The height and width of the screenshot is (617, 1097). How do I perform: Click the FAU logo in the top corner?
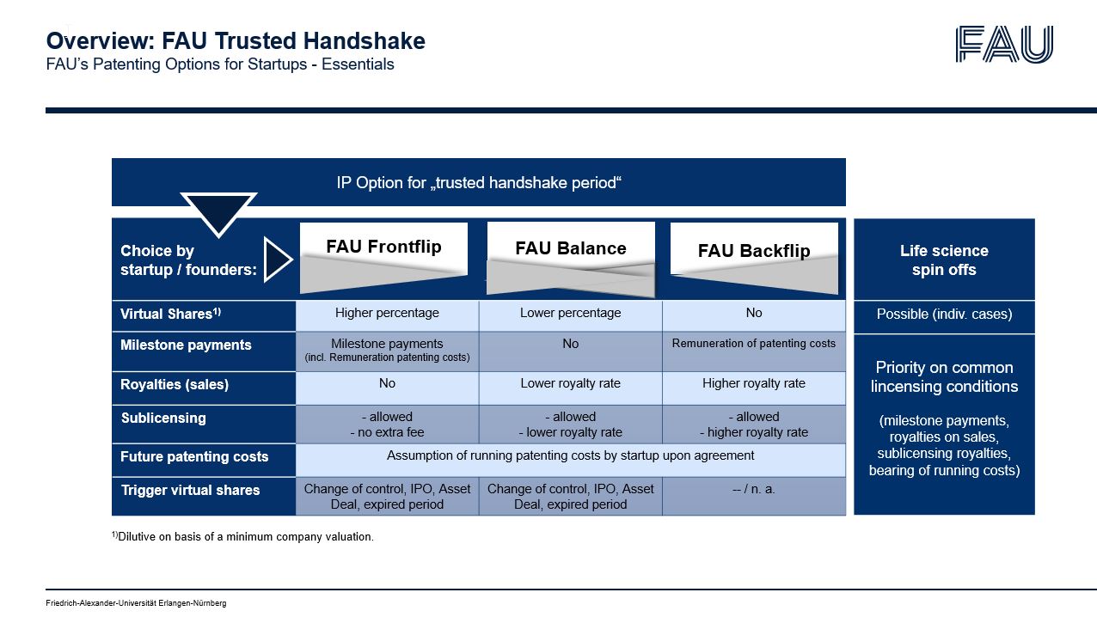tap(1003, 44)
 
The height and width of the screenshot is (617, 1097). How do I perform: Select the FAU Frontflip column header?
tap(383, 247)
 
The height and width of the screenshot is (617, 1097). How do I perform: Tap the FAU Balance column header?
tap(570, 249)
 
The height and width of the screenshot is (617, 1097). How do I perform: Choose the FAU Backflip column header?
tap(754, 251)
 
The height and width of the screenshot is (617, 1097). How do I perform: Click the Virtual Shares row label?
tap(170, 315)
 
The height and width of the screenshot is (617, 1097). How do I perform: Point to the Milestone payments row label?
tap(186, 345)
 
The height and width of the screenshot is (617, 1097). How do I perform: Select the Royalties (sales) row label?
tap(175, 385)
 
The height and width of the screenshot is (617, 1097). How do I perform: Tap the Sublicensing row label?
tap(163, 418)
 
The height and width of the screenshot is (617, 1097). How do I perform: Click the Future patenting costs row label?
tap(194, 457)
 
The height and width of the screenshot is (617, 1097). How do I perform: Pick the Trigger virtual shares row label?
tap(190, 491)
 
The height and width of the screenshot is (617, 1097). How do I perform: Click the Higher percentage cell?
tap(387, 314)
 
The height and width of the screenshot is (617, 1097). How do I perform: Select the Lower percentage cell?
tap(570, 314)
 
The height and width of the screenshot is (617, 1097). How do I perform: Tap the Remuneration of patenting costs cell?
tap(754, 344)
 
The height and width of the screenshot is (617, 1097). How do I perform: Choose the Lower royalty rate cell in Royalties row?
tap(570, 384)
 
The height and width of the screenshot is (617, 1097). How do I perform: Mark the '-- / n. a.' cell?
tap(754, 490)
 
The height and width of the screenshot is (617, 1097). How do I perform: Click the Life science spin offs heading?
tap(944, 260)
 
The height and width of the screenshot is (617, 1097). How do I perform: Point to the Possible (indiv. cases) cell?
tap(944, 315)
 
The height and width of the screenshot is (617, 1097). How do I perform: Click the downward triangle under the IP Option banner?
tap(218, 211)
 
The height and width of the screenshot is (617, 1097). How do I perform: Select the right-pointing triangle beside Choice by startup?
tap(277, 260)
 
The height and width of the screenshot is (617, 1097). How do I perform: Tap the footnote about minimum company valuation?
tap(242, 537)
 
